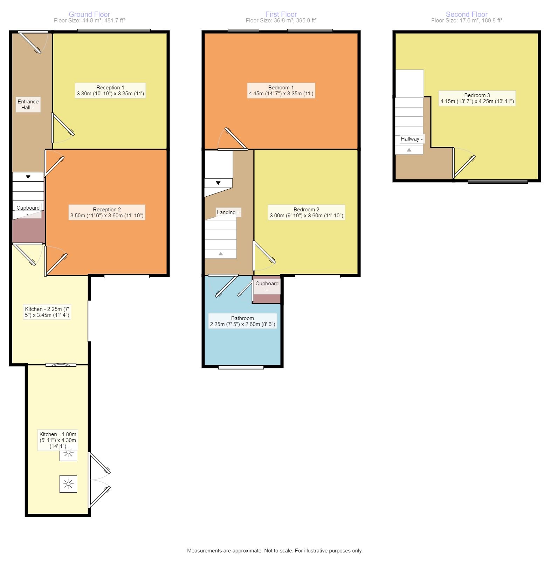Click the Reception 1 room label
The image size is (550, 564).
tap(110, 88)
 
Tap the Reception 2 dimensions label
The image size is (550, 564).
tap(107, 216)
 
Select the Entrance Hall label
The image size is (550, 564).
tap(28, 104)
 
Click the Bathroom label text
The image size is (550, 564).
tap(242, 318)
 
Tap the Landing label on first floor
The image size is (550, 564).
tap(228, 212)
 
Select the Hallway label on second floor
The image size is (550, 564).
tap(412, 139)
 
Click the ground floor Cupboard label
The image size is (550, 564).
tap(28, 208)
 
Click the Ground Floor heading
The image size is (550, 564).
tap(89, 14)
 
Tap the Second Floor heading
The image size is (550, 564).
tap(467, 14)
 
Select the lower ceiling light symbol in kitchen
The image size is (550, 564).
tap(68, 484)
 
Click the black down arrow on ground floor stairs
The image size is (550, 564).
tap(28, 177)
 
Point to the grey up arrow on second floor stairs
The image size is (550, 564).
tap(409, 150)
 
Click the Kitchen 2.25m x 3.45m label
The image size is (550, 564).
tap(47, 312)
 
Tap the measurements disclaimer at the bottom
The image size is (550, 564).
tap(275, 551)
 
